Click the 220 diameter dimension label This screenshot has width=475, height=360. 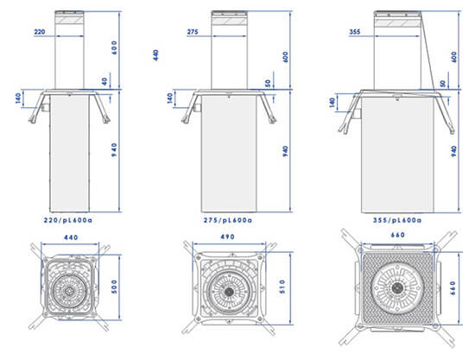(40, 31)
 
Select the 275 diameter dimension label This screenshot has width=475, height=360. (193, 31)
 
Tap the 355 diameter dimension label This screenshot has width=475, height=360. (355, 31)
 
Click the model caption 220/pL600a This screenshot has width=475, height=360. (68, 220)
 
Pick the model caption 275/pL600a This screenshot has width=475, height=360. (227, 220)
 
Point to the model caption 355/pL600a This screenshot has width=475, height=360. (397, 220)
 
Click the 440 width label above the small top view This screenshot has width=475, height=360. (71, 237)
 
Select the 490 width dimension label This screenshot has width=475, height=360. (227, 237)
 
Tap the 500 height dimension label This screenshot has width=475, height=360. (114, 287)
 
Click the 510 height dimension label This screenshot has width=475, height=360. (282, 287)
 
